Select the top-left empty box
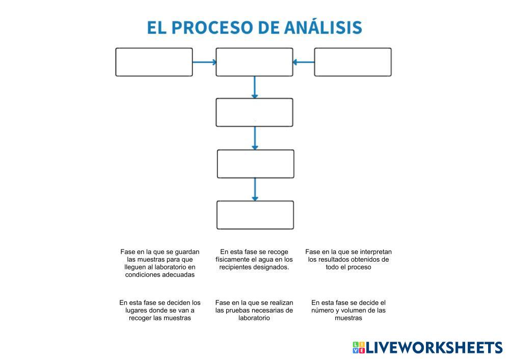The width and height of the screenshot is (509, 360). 154,62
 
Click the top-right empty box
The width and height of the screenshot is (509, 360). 353,62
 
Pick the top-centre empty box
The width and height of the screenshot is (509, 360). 254,62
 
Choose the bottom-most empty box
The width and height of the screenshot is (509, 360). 255,215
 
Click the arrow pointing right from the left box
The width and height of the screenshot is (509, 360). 204,62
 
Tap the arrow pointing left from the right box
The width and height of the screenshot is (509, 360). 304,62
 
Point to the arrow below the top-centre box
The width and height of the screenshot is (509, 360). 255,87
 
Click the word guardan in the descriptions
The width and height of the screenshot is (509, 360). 187,252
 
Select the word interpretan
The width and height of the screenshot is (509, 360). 374,252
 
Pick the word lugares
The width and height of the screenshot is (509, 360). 134,310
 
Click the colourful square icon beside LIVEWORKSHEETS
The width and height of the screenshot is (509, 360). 359,348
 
